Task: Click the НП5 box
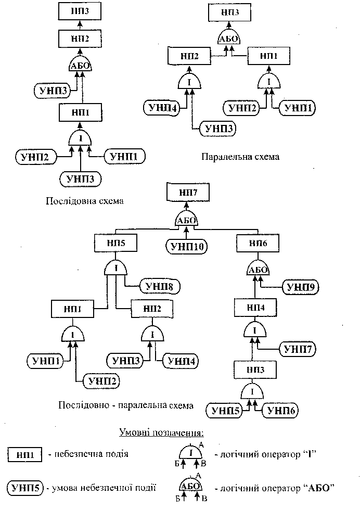[x=115, y=243]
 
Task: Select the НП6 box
[x=259, y=243]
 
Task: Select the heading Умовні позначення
[x=161, y=432]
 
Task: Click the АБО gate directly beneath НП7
[x=187, y=220]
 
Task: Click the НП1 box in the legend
[x=25, y=454]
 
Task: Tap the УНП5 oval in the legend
[x=25, y=488]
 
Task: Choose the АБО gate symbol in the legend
[x=190, y=486]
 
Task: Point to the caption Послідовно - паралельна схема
[x=126, y=405]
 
